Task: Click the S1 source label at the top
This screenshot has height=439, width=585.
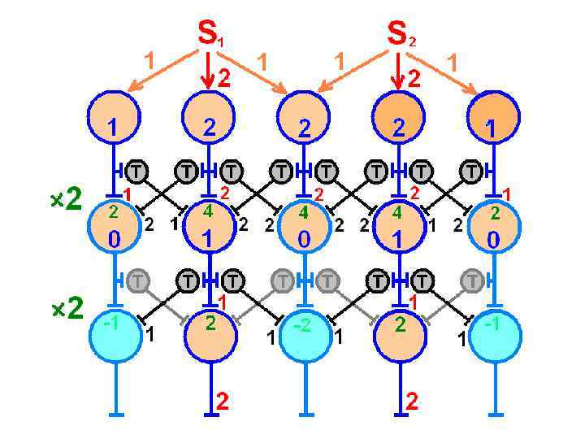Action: (x=210, y=33)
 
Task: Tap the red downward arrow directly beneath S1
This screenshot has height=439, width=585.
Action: (x=209, y=70)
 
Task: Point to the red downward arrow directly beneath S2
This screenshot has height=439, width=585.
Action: (x=397, y=70)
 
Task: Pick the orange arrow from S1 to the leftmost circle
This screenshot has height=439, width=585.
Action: (x=162, y=70)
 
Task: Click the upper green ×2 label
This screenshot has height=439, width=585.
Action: (x=66, y=200)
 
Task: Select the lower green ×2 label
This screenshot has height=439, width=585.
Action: (x=66, y=309)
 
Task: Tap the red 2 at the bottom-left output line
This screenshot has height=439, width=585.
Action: (x=222, y=401)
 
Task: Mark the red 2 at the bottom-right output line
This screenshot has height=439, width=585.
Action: (x=412, y=401)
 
